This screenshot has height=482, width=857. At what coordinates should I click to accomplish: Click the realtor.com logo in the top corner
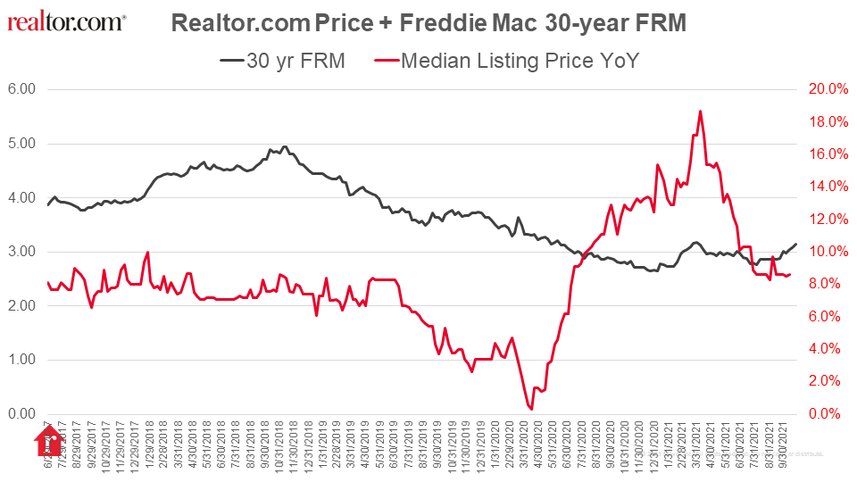[x=67, y=21]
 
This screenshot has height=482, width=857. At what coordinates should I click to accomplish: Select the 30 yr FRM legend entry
[x=283, y=61]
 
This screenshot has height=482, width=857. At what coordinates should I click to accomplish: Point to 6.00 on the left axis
[x=21, y=89]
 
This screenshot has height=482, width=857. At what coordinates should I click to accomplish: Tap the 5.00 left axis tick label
[x=21, y=144]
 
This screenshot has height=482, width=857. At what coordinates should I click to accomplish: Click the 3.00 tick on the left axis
[x=21, y=252]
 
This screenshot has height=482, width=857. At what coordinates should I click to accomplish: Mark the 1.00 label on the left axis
[x=21, y=360]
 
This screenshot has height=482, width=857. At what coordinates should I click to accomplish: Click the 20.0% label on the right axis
[x=827, y=89]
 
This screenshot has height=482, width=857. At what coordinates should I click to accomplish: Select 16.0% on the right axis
[x=827, y=154]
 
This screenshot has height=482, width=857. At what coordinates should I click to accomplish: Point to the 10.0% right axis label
[x=827, y=252]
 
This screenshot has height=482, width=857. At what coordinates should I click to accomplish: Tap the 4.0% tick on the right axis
[x=829, y=349]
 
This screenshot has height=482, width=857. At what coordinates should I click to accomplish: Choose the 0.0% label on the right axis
[x=829, y=414]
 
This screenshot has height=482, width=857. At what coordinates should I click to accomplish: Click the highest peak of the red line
[x=700, y=112]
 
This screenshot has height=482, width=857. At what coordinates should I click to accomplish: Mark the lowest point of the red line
[x=531, y=409]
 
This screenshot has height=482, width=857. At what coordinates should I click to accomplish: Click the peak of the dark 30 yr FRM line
[x=284, y=146]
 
